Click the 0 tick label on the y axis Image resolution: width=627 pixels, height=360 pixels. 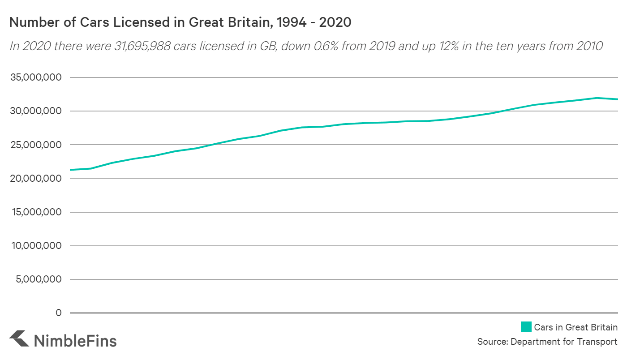58,313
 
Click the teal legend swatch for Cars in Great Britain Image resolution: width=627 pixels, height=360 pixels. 526,327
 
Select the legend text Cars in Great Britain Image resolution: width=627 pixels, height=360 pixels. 575,327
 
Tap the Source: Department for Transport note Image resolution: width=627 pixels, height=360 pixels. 547,342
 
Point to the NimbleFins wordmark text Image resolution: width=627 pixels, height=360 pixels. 75,341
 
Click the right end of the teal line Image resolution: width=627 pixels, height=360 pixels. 617,99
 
